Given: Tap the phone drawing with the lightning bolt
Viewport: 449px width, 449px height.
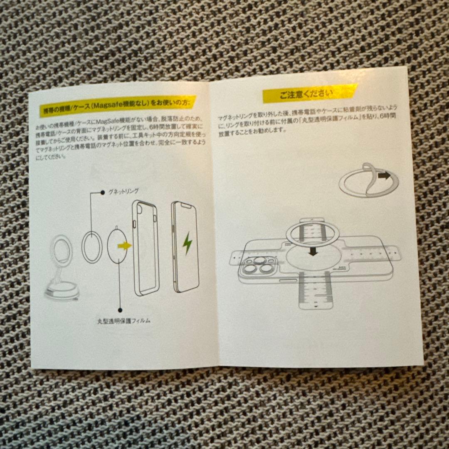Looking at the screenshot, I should pyautogui.click(x=185, y=247).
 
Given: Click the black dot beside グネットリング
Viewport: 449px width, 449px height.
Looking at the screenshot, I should pyautogui.click(x=102, y=192).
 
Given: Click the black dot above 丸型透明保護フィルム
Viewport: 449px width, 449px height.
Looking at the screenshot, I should pyautogui.click(x=120, y=310).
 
